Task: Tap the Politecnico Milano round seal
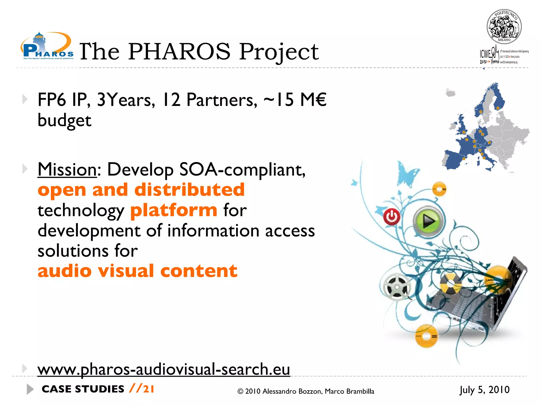click(x=504, y=27)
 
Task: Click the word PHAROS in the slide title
click(x=179, y=52)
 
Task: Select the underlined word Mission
click(x=67, y=169)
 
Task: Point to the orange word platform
click(x=174, y=210)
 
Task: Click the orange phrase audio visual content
click(x=137, y=271)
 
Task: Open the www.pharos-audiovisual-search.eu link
click(x=164, y=369)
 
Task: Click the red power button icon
click(x=392, y=217)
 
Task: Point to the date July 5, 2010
click(x=484, y=390)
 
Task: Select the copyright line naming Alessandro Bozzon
click(x=306, y=391)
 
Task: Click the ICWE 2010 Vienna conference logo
click(x=503, y=56)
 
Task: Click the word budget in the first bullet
click(x=64, y=121)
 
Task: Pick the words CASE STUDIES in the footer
click(x=83, y=389)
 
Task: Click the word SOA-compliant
click(x=242, y=169)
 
